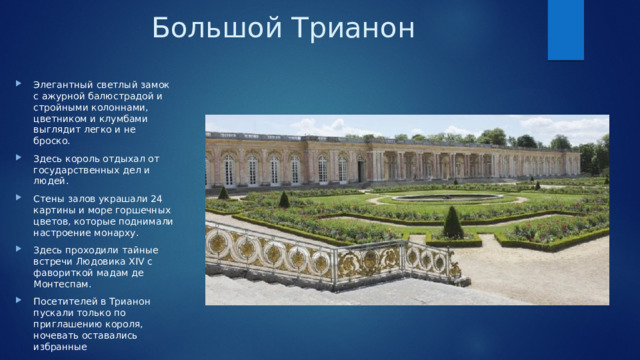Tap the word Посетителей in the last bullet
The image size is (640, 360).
pyautogui.click(x=66, y=302)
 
